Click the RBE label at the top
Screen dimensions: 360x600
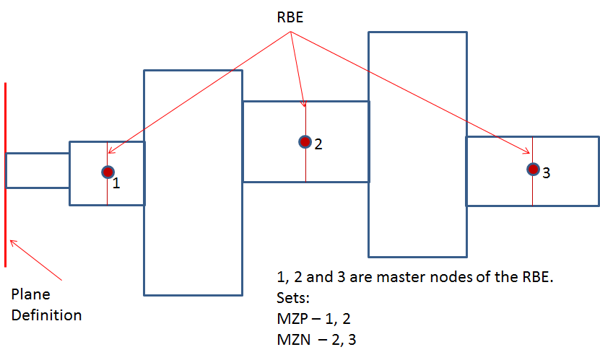290,18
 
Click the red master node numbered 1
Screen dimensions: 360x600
108,172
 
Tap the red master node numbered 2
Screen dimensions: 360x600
305,141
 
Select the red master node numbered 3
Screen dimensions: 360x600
533,170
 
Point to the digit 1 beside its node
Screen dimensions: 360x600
116,183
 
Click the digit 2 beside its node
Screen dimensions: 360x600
318,144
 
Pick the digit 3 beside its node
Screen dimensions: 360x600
546,173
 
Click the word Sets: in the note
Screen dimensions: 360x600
292,297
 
